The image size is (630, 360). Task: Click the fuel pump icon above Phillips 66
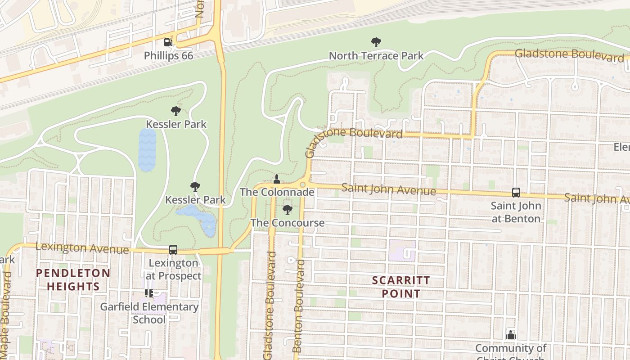tap(168, 42)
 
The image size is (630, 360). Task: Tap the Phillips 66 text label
tap(168, 56)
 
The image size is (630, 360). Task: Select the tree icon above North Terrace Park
tap(376, 42)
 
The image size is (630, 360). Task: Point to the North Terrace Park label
tap(376, 56)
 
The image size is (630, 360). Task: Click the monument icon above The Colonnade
tap(277, 179)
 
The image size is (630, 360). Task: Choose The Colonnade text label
tap(277, 192)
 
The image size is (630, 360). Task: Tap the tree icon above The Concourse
tap(287, 209)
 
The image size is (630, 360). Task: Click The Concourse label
tap(287, 223)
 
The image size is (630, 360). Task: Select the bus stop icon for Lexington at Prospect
tap(173, 250)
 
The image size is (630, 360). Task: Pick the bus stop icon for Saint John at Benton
tap(516, 193)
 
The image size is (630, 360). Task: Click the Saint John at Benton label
tap(516, 212)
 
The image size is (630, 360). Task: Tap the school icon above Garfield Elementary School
tap(149, 293)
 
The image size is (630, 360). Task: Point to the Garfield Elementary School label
tap(149, 313)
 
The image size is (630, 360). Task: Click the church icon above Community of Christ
tap(510, 334)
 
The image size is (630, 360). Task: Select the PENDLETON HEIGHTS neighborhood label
tap(73, 279)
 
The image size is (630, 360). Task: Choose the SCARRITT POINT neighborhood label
tap(401, 287)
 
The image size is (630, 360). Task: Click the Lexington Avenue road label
tap(82, 248)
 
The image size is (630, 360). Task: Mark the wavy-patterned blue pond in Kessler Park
tap(147, 150)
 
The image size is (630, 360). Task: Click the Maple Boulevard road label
tap(5, 315)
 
